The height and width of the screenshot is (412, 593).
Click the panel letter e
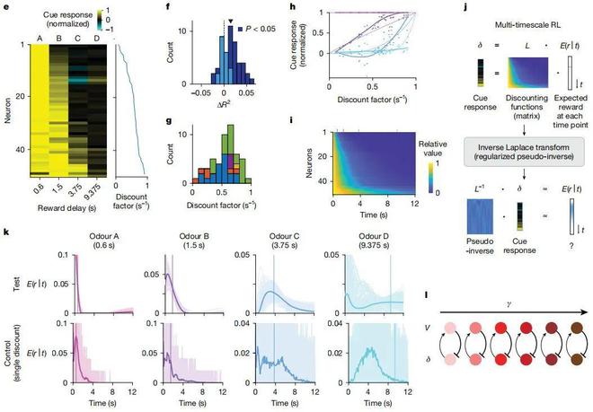pyautogui.click(x=5, y=5)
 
